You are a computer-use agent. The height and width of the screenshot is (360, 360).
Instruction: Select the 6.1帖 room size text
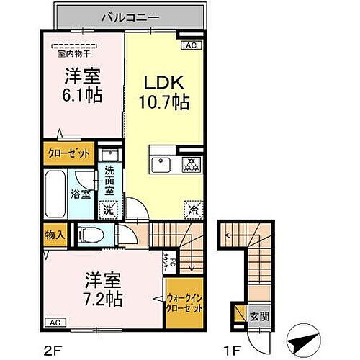[81, 94]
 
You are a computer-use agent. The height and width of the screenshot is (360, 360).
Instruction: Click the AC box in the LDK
[191, 45]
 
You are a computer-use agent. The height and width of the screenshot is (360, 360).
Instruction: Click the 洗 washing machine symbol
[107, 210]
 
